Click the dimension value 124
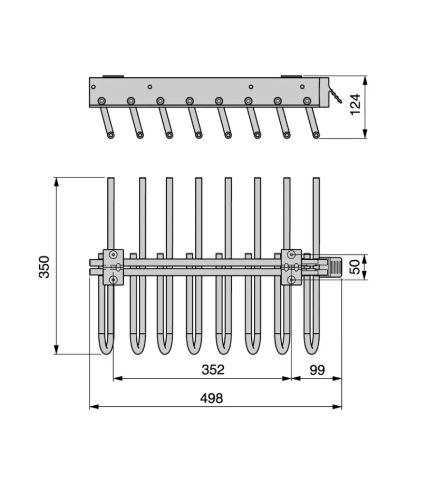coord(355,104)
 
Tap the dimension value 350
coord(44,267)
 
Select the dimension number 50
coord(355,267)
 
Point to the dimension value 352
coord(213,369)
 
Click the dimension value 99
coord(317,370)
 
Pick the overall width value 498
coord(212,398)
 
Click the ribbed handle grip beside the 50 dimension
coord(335,267)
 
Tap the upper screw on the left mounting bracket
coord(114,255)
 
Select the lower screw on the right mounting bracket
coord(291,280)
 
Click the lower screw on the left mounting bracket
coord(114,280)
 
